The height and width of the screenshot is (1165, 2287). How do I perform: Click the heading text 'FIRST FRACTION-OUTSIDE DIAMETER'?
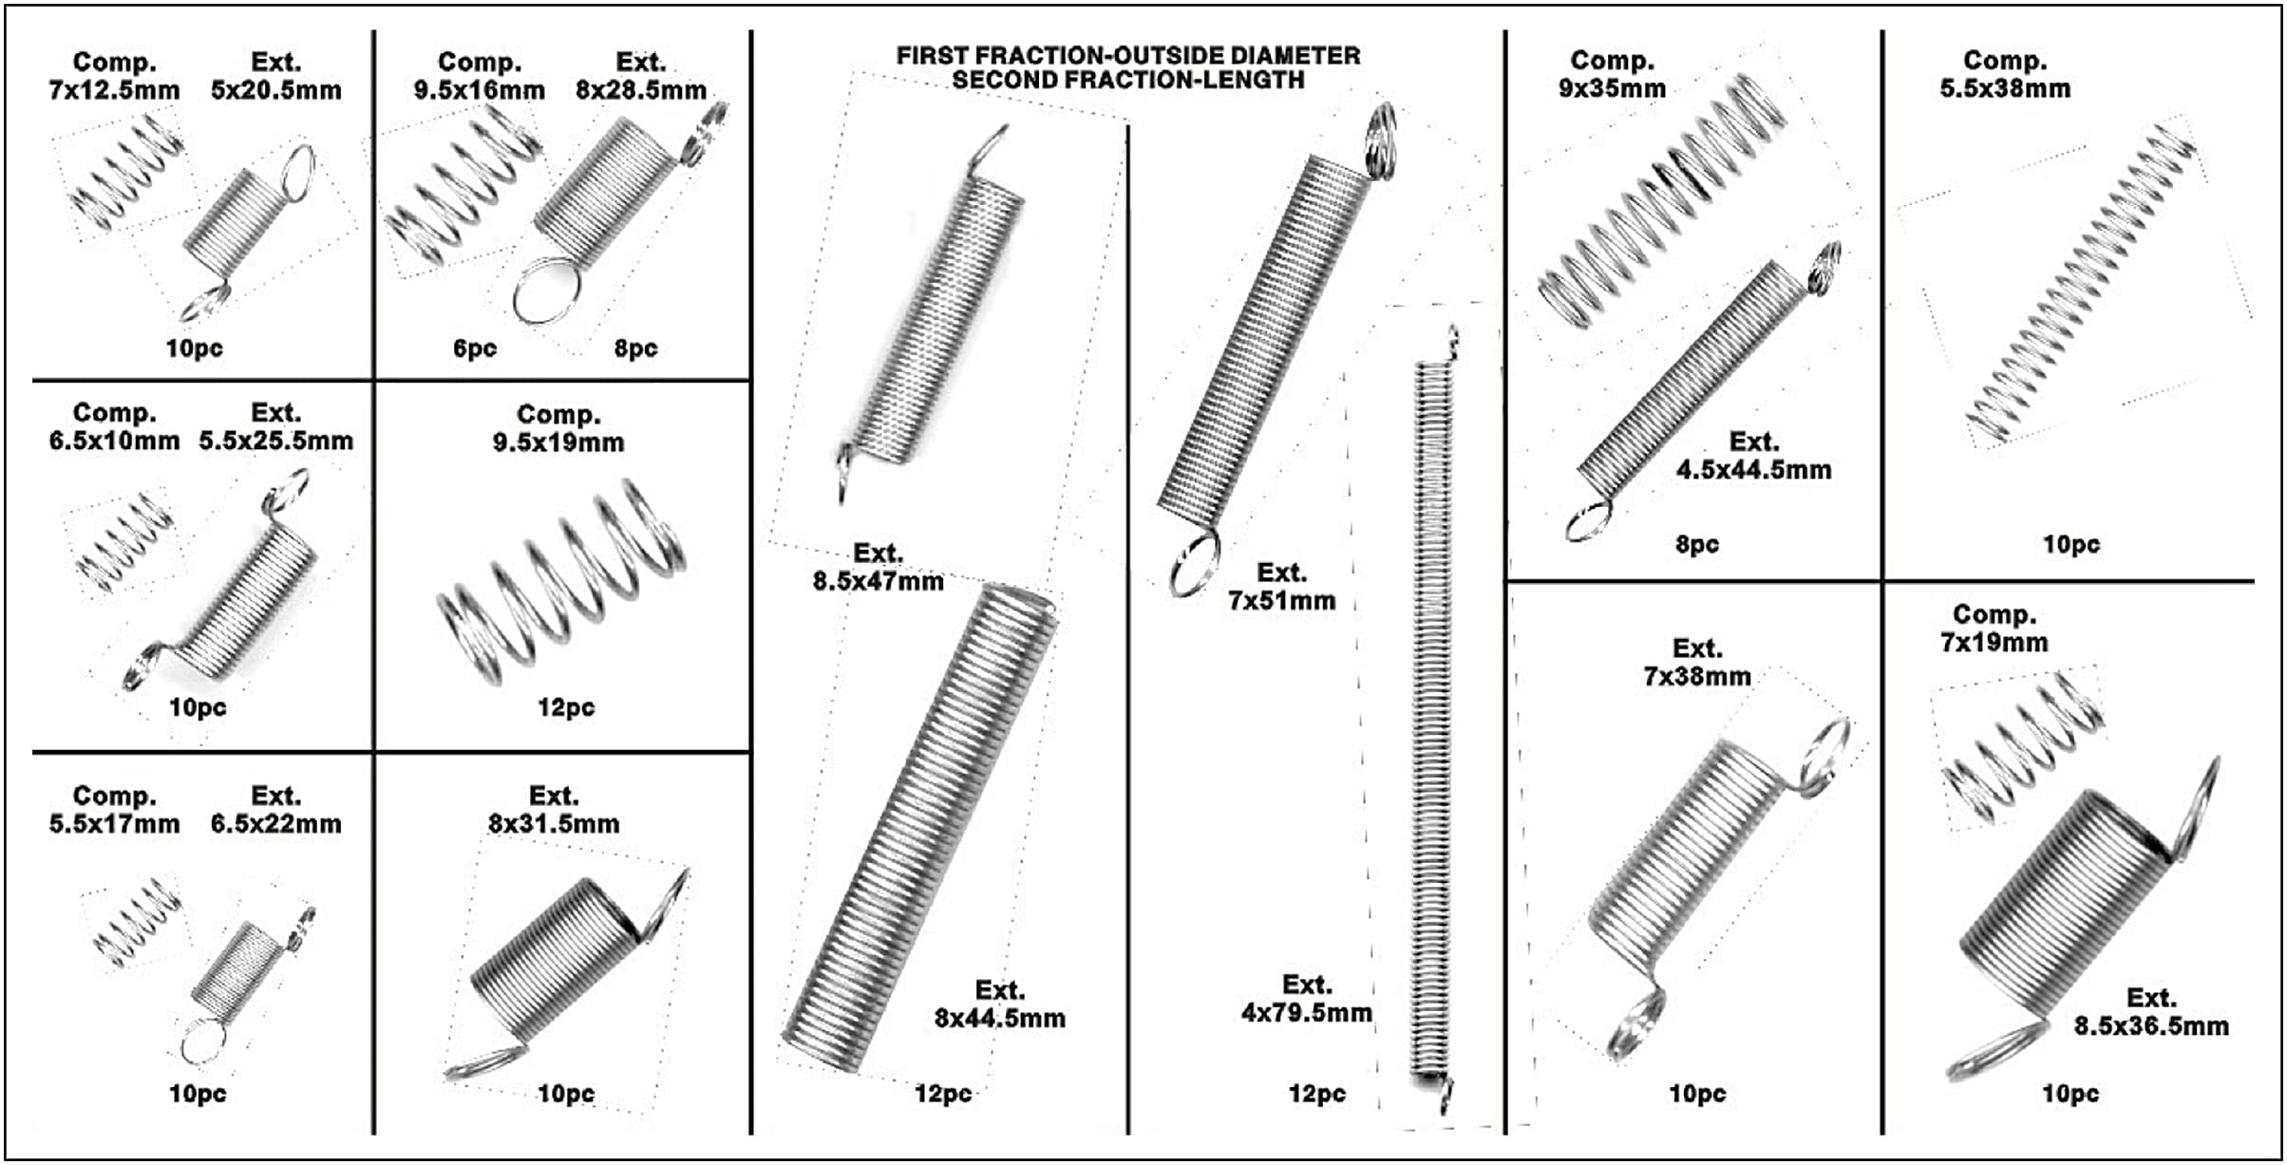pyautogui.click(x=1127, y=56)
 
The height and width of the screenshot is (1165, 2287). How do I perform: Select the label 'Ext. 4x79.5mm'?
pyautogui.click(x=1306, y=999)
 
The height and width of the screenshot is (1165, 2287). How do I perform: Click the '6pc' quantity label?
pyautogui.click(x=474, y=348)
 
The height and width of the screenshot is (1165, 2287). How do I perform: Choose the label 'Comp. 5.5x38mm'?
pyautogui.click(x=2004, y=75)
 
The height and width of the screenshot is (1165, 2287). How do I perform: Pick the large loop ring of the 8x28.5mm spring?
pyautogui.click(x=545, y=292)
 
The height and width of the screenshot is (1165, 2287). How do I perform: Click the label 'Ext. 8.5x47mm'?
pyautogui.click(x=878, y=568)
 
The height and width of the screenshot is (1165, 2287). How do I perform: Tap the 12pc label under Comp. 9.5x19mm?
pyautogui.click(x=565, y=707)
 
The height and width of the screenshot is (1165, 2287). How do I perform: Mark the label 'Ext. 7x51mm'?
pyautogui.click(x=1281, y=587)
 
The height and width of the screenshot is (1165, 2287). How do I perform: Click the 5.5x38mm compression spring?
pyautogui.click(x=2080, y=285)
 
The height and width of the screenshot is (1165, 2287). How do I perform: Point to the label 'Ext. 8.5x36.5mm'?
pyautogui.click(x=2150, y=1012)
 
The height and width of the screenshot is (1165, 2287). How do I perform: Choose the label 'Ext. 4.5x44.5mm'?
pyautogui.click(x=1753, y=456)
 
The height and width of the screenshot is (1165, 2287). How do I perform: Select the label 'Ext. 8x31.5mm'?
pyautogui.click(x=554, y=810)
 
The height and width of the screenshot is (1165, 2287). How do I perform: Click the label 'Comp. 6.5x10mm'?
pyautogui.click(x=114, y=427)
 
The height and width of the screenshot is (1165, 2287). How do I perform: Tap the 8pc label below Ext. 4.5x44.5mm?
pyautogui.click(x=1696, y=545)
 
